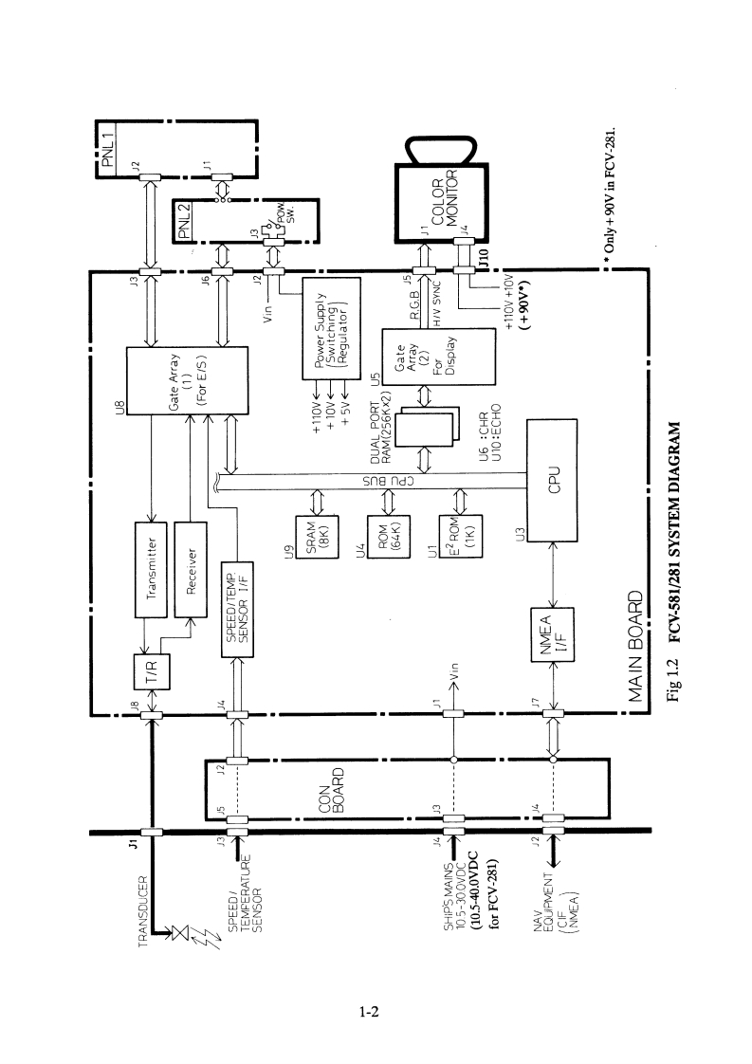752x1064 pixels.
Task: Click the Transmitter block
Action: [151, 568]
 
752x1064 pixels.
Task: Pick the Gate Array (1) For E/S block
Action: [187, 380]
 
